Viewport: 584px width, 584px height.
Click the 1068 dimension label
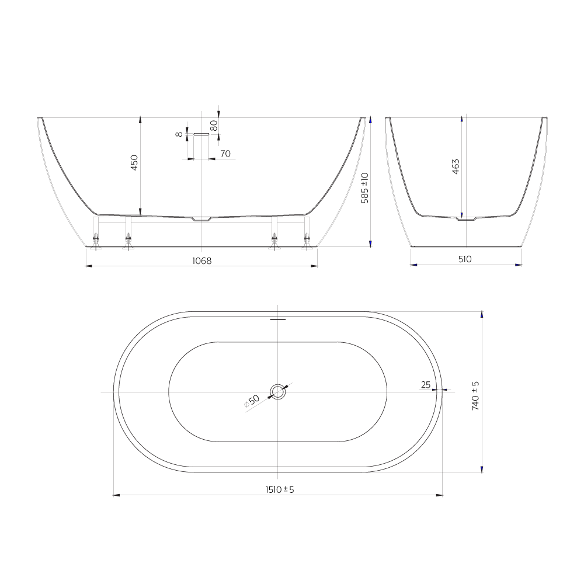[x=201, y=260]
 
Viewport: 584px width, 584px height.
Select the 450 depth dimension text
[x=134, y=162]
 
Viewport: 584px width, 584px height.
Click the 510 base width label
[x=464, y=259]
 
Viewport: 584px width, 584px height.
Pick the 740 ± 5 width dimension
[x=475, y=395]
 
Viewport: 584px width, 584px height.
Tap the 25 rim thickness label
[x=425, y=384]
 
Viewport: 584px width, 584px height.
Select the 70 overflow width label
[x=225, y=154]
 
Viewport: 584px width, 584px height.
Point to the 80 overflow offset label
[x=214, y=125]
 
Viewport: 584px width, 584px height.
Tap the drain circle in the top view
[x=278, y=392]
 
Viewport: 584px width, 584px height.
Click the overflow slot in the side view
[x=201, y=134]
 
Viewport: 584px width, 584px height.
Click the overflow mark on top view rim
[x=278, y=319]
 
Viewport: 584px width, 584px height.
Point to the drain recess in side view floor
[x=201, y=219]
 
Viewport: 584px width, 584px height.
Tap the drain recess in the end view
[x=466, y=219]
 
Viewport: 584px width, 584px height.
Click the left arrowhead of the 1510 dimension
[x=116, y=495]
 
